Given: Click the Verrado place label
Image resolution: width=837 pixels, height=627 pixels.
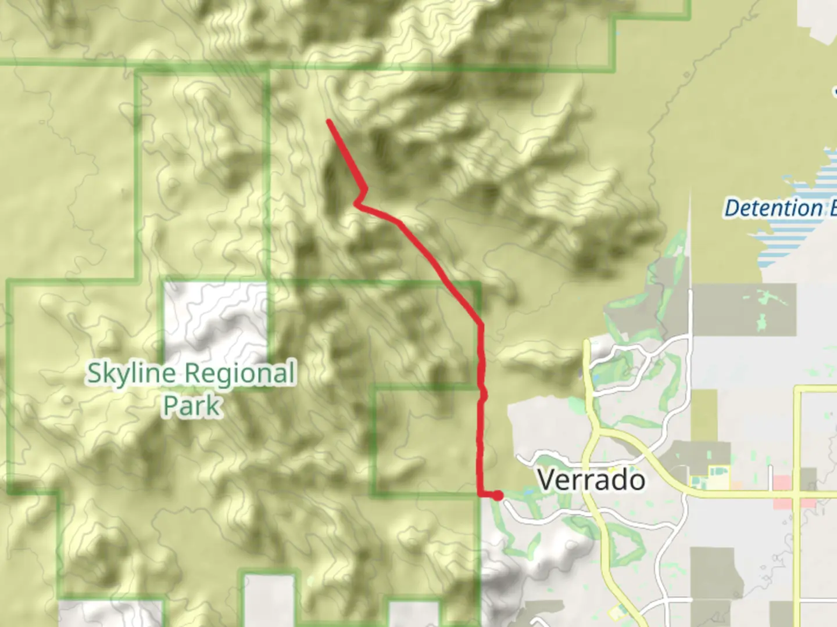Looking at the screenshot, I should (591, 480).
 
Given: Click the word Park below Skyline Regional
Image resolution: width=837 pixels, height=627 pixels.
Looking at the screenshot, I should (192, 405).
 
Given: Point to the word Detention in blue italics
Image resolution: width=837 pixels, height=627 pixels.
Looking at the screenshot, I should (774, 208).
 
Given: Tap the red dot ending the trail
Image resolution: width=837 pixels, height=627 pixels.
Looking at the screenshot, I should (498, 495).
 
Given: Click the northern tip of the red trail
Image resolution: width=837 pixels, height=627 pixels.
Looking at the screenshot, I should (330, 121).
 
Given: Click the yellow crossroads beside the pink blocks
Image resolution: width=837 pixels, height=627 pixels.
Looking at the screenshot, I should (798, 494).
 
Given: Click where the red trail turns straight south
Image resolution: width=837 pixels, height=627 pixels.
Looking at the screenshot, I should (481, 324).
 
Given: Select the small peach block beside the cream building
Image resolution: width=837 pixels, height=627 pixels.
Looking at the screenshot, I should (736, 484).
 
